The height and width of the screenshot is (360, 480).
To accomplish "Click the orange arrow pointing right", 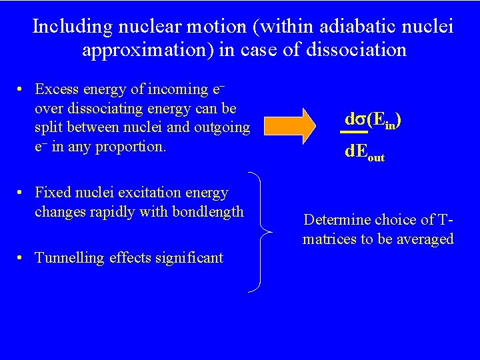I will point(293,125).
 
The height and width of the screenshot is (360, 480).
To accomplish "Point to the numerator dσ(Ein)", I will point(373,120).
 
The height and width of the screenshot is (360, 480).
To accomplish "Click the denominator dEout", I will point(365,152).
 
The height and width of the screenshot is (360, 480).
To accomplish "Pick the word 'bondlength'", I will point(211,212).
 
